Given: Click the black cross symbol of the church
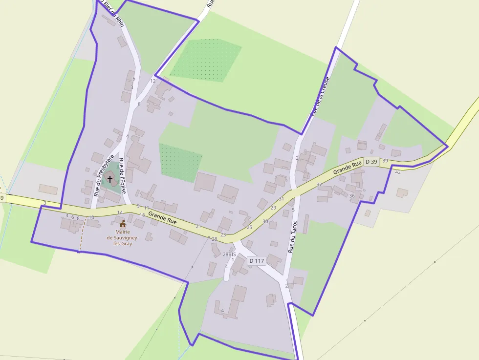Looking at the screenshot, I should click(110, 179).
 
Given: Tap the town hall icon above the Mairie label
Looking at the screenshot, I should click(122, 224).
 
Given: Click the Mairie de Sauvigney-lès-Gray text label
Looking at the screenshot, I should click(123, 237).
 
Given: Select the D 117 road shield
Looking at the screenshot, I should click(256, 261).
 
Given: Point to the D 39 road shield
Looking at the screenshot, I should click(371, 162).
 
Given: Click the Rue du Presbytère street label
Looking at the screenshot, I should click(104, 175).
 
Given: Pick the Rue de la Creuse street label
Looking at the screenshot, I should click(318, 96).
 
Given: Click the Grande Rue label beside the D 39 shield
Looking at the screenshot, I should click(348, 167).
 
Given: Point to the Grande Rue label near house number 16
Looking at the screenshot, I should click(162, 218).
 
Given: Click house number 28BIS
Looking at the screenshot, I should click(229, 254).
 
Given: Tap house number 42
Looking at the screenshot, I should click(398, 172).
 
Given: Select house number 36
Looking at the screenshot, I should click(352, 196).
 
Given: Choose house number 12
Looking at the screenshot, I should click(153, 81).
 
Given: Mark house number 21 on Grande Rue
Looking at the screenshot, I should click(198, 227).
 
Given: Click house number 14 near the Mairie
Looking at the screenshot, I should click(120, 212).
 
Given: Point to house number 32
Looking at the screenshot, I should click(319, 185).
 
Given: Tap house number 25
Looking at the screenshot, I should click(249, 227).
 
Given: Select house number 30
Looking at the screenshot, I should click(265, 221).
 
